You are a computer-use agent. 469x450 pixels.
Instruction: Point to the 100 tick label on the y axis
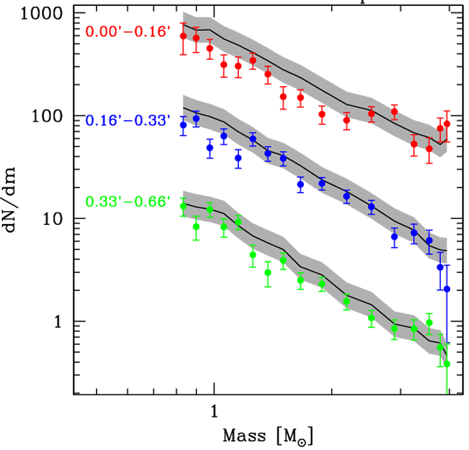[50, 116]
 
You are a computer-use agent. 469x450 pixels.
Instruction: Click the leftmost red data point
[183, 36]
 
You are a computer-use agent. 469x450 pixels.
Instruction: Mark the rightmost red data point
[447, 124]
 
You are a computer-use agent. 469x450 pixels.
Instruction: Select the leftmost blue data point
[183, 125]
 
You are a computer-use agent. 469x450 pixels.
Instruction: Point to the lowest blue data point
[447, 289]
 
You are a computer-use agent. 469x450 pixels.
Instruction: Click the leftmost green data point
[183, 206]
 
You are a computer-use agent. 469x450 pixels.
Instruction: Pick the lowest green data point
[447, 364]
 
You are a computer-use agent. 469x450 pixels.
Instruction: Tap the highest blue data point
[196, 118]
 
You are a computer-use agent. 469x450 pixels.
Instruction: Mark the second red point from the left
[196, 38]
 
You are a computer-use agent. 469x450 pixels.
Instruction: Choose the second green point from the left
[196, 226]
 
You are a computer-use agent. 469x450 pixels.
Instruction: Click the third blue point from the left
[210, 148]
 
